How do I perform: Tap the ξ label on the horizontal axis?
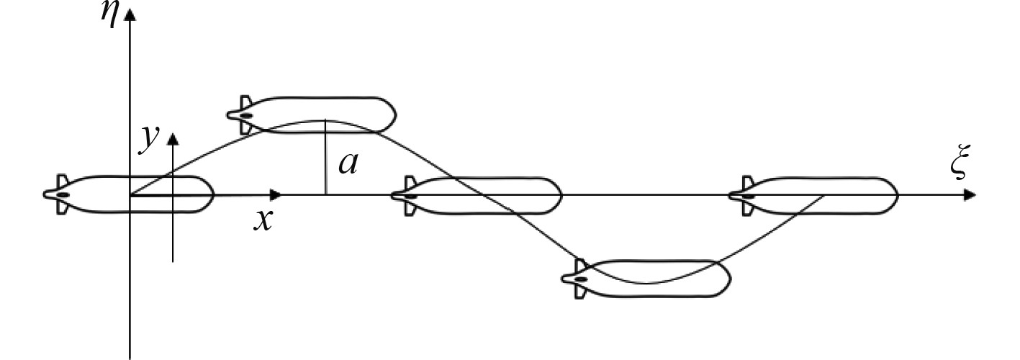pyautogui.click(x=957, y=166)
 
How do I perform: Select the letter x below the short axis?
pyautogui.click(x=263, y=219)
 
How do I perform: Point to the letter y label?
pyautogui.click(x=148, y=139)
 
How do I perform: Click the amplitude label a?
pyautogui.click(x=348, y=163)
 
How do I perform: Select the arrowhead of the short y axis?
pyautogui.click(x=173, y=138)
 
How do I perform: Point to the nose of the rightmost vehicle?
pyautogui.click(x=894, y=195)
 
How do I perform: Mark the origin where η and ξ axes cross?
pyautogui.click(x=130, y=195)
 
